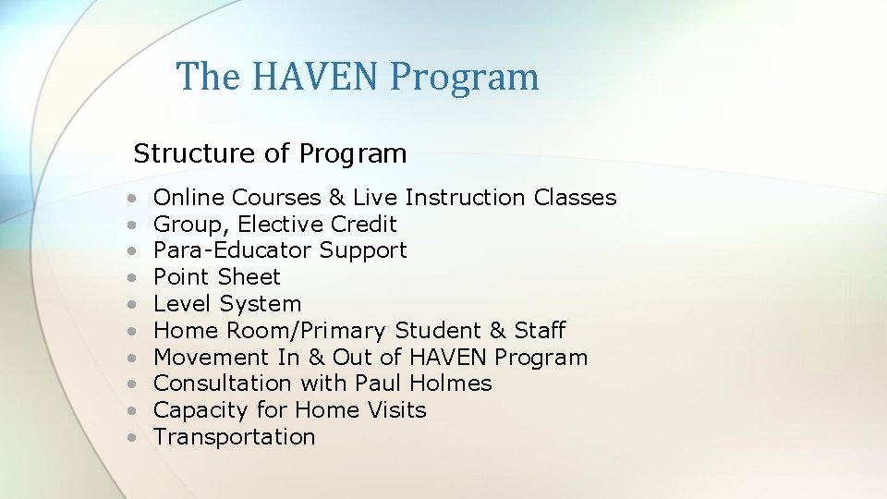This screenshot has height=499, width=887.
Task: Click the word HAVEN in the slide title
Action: [x=314, y=76]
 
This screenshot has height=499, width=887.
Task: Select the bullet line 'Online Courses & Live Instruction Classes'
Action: [x=384, y=198]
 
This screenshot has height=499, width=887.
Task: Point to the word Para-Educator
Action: [x=233, y=250]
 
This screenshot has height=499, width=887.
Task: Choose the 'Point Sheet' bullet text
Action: [x=216, y=277]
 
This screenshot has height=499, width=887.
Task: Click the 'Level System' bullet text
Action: [x=227, y=304]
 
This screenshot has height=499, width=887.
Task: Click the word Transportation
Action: [x=234, y=437]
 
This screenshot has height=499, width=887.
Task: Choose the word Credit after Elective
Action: [x=368, y=225]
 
